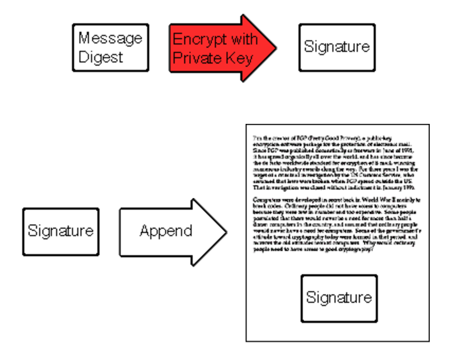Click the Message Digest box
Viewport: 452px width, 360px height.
click(110, 47)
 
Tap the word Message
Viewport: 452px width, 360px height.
click(110, 39)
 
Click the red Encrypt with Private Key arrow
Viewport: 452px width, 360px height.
click(217, 48)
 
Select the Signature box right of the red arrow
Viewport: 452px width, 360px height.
click(337, 47)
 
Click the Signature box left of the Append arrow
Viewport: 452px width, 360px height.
click(60, 231)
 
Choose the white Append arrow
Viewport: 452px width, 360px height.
click(169, 231)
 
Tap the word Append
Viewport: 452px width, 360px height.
click(166, 231)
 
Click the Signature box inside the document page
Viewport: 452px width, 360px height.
click(339, 298)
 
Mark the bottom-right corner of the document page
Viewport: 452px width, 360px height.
click(429, 341)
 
